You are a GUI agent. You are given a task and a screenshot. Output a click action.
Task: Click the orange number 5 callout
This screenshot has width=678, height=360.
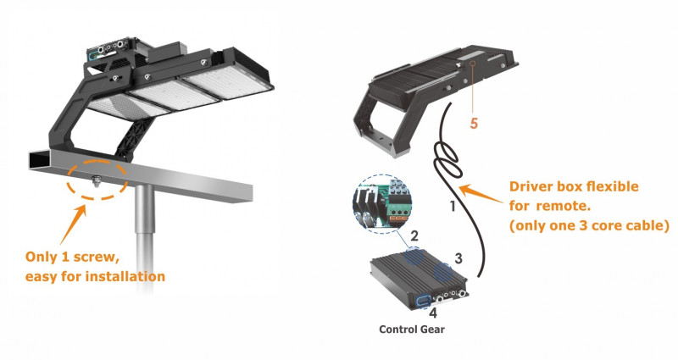tap(474, 124)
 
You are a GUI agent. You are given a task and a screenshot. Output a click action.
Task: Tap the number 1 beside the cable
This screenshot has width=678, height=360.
tap(453, 207)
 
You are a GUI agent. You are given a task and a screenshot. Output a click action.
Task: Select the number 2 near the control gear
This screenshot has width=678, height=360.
tap(414, 236)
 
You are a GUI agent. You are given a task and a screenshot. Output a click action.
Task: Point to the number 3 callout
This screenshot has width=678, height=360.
tap(458, 258)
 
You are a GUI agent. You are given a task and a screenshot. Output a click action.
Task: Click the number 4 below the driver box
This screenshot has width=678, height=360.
tap(433, 313)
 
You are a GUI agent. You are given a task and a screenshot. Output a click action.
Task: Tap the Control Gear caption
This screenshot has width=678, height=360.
tap(412, 330)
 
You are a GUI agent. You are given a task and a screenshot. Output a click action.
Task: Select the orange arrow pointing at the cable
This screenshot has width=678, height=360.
tap(481, 194)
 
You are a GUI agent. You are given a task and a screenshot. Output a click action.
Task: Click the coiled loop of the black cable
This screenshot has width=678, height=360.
tap(447, 160)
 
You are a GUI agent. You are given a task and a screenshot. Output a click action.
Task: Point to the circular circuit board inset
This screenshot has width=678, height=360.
tap(383, 203)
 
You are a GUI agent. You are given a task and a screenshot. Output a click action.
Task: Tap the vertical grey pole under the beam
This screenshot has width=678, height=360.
tap(144, 234)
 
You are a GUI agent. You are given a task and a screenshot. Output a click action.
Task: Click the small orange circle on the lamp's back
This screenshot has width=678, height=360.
tap(474, 63)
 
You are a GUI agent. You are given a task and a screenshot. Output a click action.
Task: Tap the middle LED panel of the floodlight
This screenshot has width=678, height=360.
tap(173, 96)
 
